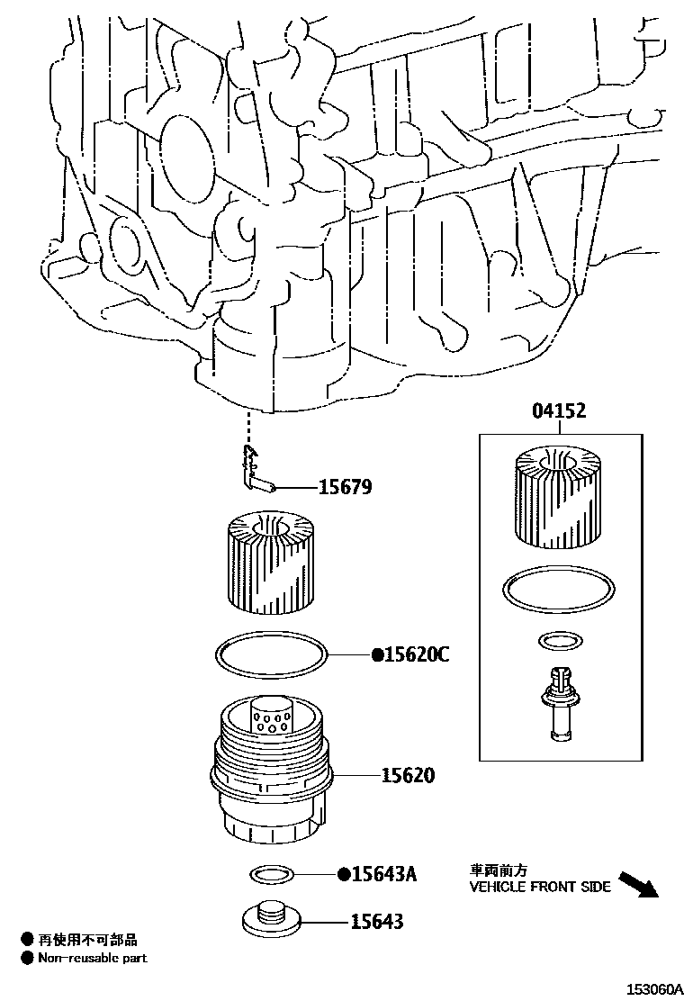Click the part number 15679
point(345,488)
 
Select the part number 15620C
point(416,654)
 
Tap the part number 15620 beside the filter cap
point(407,774)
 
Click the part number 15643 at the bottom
point(377,922)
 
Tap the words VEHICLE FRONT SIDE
point(540,887)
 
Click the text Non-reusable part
point(92,958)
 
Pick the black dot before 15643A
point(343,874)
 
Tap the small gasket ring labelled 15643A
point(271,873)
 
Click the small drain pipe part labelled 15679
point(256,473)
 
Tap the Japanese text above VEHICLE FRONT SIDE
point(498,871)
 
